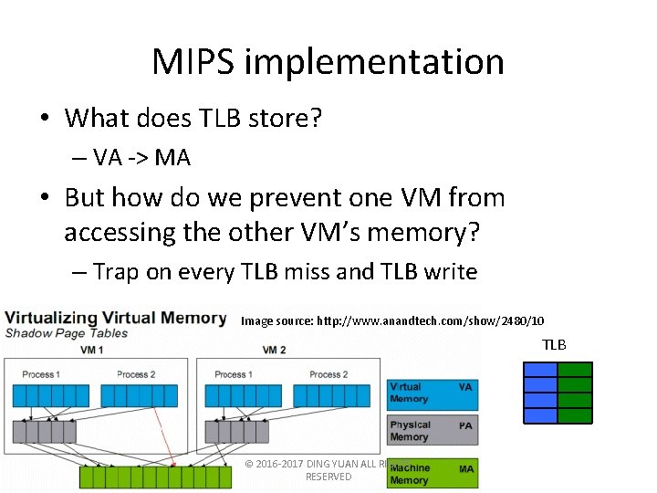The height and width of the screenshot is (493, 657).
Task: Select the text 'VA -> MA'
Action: [x=141, y=158]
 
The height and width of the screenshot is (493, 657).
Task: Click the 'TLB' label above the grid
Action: [x=554, y=344]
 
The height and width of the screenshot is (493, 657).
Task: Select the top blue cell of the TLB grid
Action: [x=540, y=370]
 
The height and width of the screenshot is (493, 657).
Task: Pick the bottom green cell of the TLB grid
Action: [x=575, y=415]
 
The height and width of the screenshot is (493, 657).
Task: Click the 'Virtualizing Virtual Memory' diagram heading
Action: [x=115, y=318]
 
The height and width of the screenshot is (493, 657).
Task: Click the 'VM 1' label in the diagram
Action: [x=91, y=351]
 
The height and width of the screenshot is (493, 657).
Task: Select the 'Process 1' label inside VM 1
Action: [x=40, y=374]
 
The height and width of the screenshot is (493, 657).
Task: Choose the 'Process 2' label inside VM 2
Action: [x=328, y=374]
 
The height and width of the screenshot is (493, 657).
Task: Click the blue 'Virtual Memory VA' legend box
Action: [x=432, y=393]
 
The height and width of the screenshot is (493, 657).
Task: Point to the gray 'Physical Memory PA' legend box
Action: [x=432, y=431]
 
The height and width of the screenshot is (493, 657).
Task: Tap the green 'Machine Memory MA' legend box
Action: [x=432, y=473]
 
